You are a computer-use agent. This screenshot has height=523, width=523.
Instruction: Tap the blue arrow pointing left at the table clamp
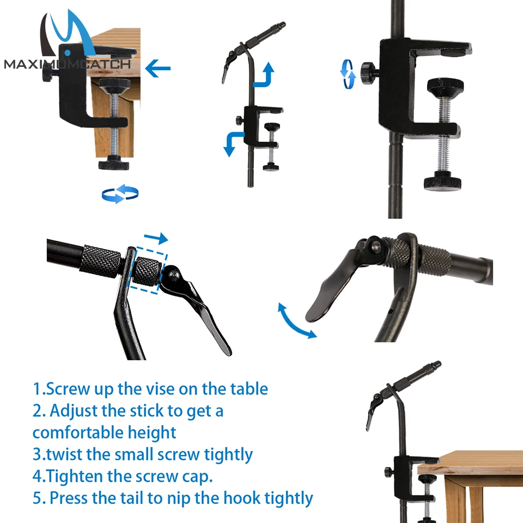[x=158, y=69]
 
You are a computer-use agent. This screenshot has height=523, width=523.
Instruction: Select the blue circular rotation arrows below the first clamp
[x=120, y=193]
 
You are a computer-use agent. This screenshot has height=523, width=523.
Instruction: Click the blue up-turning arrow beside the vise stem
[x=264, y=75]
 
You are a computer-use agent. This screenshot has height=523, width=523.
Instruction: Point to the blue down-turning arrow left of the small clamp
[x=234, y=143]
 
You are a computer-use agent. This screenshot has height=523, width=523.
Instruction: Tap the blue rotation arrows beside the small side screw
[x=348, y=74]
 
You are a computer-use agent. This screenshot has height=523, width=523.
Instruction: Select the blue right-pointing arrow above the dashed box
[x=156, y=238]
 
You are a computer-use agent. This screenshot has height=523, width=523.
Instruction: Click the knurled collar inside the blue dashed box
[x=147, y=271]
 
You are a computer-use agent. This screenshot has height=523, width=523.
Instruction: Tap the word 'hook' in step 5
[x=242, y=497]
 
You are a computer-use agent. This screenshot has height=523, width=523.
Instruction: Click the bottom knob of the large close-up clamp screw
[x=442, y=182]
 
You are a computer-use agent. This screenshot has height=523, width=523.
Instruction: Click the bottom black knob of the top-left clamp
[x=114, y=163]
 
